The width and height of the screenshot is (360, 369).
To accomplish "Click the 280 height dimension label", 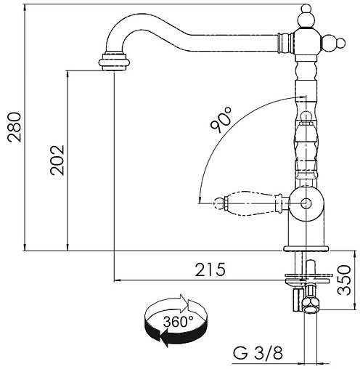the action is pyautogui.click(x=14, y=127).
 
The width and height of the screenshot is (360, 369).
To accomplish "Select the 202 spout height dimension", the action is pyautogui.click(x=57, y=160).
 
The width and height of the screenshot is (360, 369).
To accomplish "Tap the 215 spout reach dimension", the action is pyautogui.click(x=210, y=269).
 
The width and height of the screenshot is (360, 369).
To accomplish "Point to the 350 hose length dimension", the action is pyautogui.click(x=343, y=280).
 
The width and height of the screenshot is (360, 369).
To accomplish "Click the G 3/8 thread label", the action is pyautogui.click(x=258, y=353).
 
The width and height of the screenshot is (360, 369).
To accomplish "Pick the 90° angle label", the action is pyautogui.click(x=221, y=120).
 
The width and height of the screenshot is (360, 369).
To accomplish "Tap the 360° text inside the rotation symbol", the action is pyautogui.click(x=179, y=322).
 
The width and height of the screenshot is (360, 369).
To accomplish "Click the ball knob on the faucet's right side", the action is pyautogui.click(x=334, y=44).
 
